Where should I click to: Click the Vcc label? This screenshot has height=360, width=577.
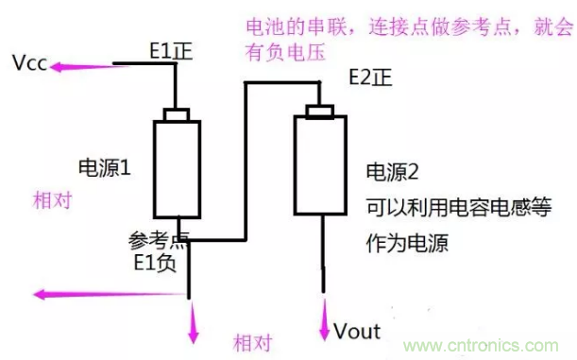(x=30, y=63)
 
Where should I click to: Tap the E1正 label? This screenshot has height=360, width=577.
(x=171, y=51)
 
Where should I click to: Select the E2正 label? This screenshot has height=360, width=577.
(x=370, y=77)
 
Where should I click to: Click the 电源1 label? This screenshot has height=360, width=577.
(x=105, y=168)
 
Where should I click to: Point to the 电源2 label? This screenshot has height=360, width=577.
(x=392, y=172)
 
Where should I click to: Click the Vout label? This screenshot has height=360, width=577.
(x=357, y=332)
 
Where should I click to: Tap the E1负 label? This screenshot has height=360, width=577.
(x=155, y=263)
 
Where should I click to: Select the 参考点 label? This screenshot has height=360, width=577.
(x=159, y=241)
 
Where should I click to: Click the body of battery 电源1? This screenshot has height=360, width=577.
(x=177, y=169)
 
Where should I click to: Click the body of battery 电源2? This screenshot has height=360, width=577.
(x=320, y=165)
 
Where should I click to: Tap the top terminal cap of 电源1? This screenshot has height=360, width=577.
(x=177, y=114)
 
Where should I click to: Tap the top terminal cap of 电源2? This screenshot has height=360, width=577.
(x=320, y=111)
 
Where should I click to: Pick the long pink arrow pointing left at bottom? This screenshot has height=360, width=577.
(x=110, y=295)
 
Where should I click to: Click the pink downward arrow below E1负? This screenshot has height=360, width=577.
(x=194, y=322)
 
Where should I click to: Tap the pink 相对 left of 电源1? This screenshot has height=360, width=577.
(x=52, y=200)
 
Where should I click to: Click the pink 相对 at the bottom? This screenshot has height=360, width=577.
(x=253, y=343)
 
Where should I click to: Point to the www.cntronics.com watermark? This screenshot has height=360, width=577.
(x=481, y=346)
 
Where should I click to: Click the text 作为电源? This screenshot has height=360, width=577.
(x=407, y=243)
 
